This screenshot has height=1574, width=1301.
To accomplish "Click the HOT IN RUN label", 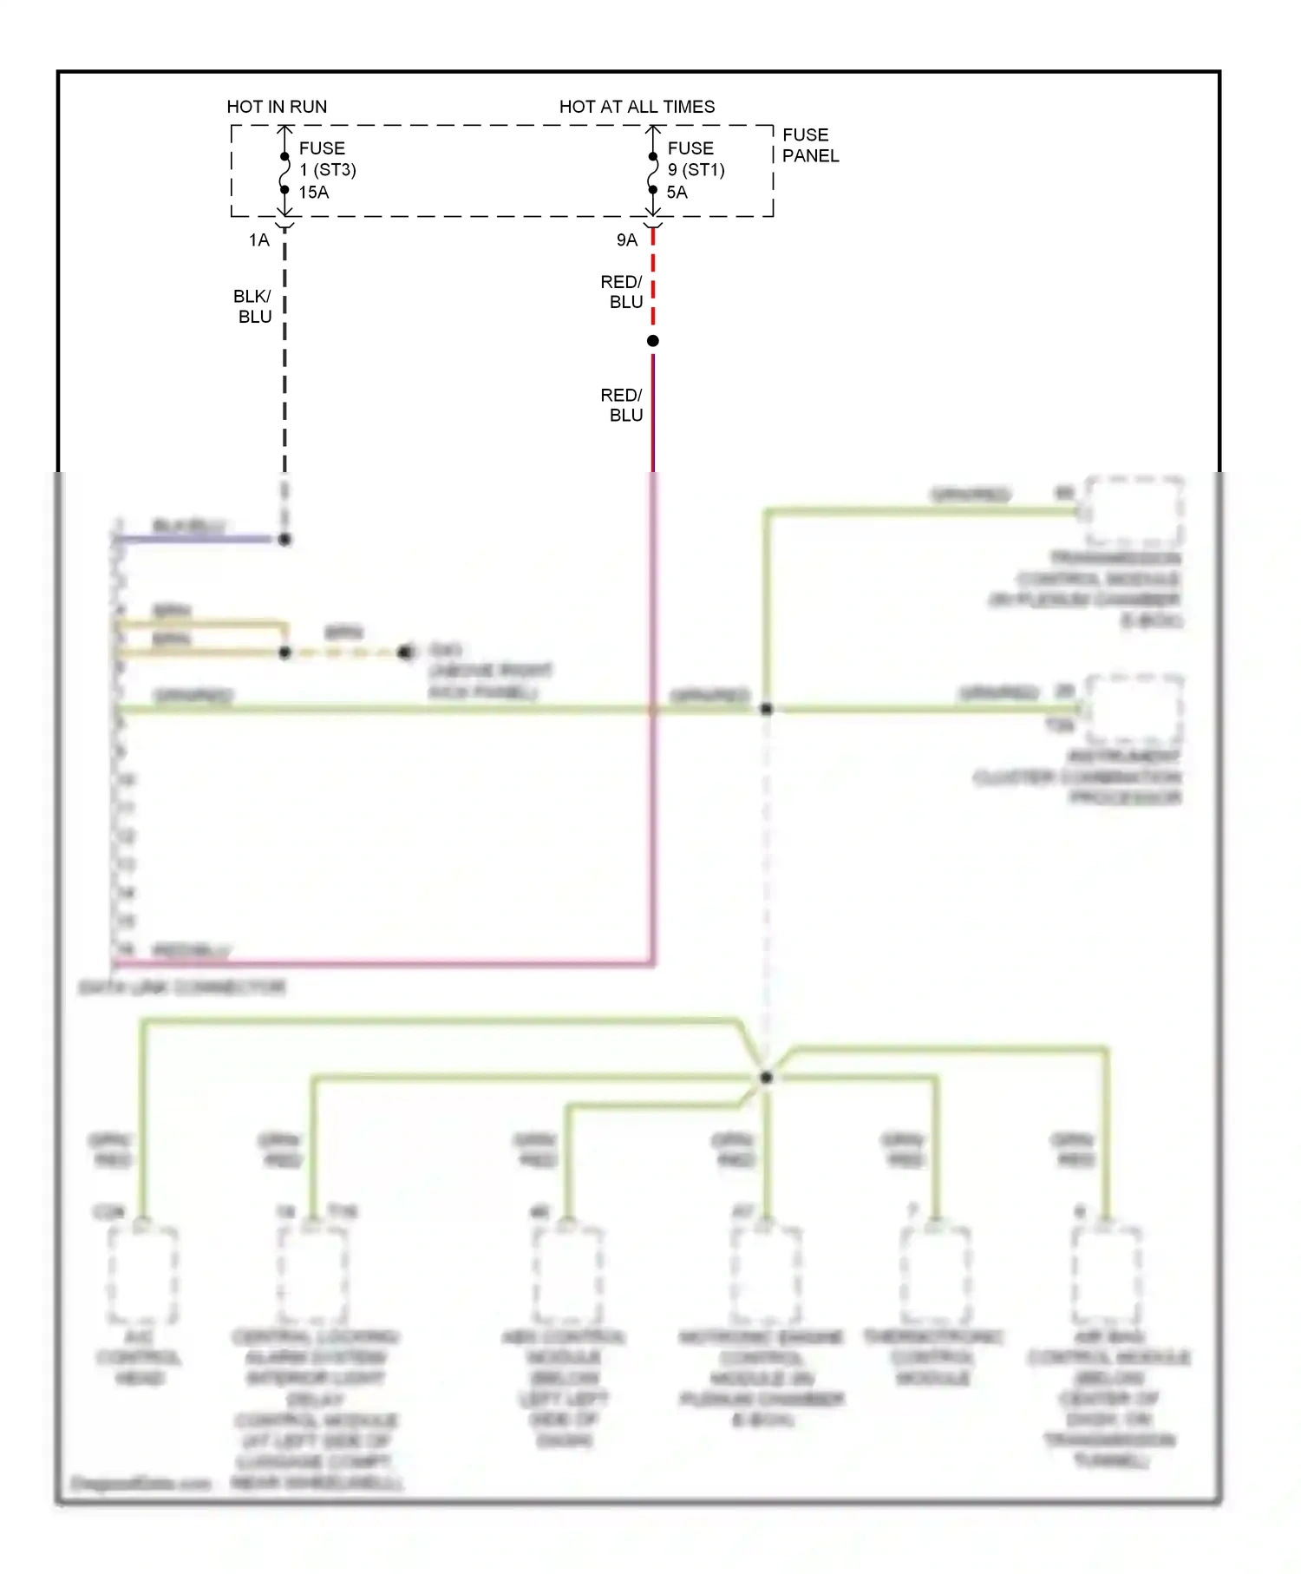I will click(277, 107).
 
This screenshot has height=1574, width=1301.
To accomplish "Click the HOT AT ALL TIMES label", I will click(637, 107).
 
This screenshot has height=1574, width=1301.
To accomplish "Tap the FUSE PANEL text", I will click(810, 146).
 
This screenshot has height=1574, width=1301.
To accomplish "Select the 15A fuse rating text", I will click(314, 193).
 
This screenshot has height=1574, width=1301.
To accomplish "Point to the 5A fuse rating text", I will click(677, 193).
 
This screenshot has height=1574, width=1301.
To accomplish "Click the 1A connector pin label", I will click(258, 240).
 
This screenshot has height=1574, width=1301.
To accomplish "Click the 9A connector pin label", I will click(626, 240).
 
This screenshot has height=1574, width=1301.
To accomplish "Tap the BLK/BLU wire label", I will click(253, 307).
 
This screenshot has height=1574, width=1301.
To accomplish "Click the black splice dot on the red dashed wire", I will click(653, 341).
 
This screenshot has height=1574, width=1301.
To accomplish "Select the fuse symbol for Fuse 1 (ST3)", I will click(284, 174).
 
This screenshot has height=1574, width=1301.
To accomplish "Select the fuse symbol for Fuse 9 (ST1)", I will click(653, 174).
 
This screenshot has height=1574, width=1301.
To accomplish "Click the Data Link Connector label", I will click(182, 987).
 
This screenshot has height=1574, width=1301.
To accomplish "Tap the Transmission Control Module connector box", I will click(1134, 510).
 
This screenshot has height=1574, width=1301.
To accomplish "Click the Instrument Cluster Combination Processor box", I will click(1134, 710).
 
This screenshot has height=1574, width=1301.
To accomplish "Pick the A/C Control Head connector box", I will click(143, 1274).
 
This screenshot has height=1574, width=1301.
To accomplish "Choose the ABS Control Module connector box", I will click(567, 1274).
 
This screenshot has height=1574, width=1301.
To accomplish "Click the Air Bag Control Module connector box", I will click(1107, 1274).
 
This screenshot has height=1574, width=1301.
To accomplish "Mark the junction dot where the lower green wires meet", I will click(766, 1078).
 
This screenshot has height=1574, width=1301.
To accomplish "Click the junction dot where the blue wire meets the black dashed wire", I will click(284, 540).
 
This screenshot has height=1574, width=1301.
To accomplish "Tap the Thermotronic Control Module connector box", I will click(935, 1274).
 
